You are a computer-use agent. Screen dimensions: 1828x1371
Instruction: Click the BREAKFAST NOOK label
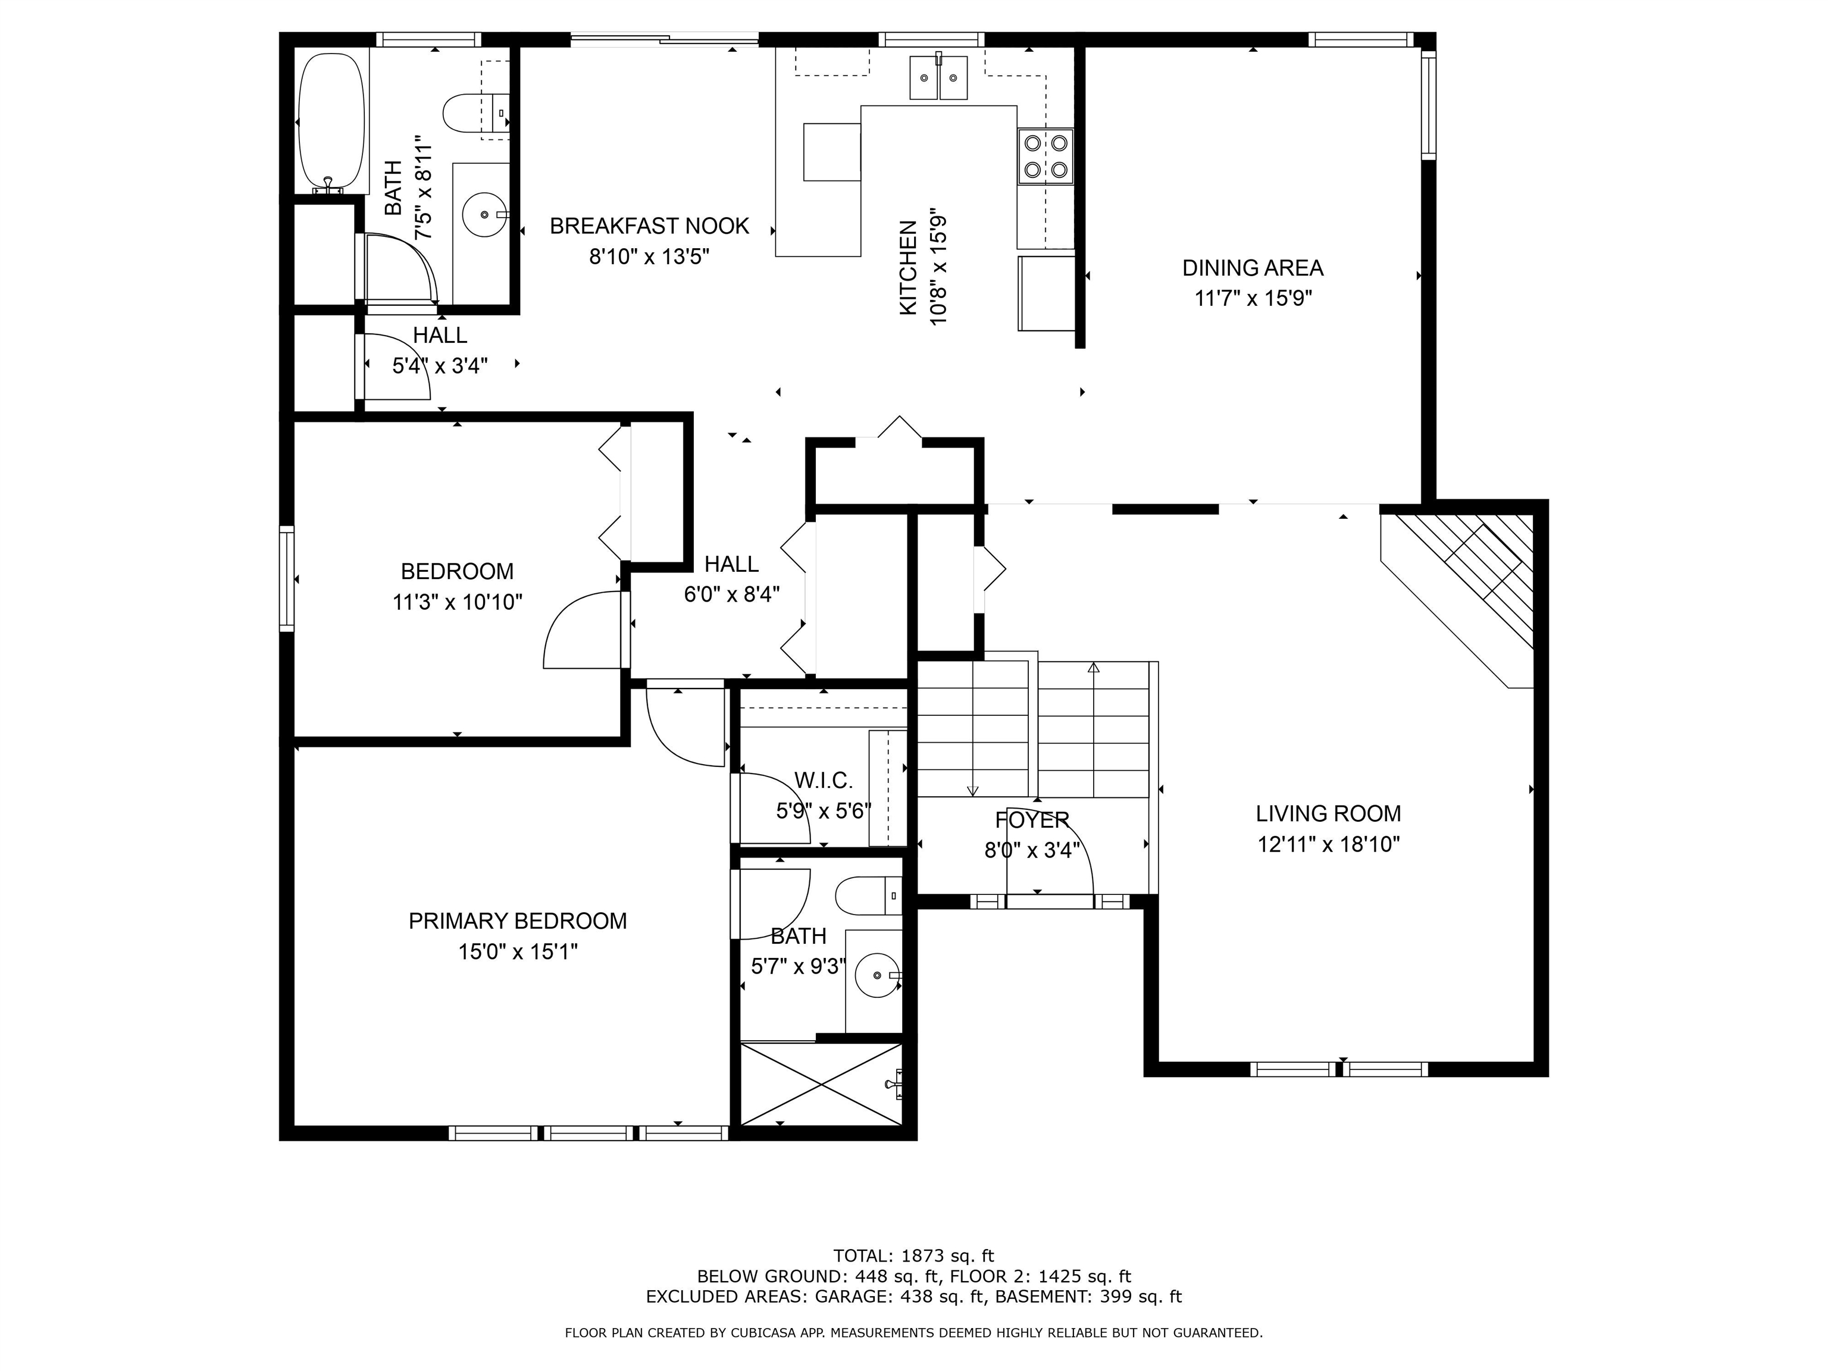tap(650, 226)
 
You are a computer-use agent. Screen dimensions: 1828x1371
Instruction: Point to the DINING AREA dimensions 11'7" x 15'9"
tap(1253, 298)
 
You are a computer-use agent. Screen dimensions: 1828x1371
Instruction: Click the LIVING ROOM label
tap(1328, 813)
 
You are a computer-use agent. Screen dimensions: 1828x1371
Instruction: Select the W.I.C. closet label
tap(823, 780)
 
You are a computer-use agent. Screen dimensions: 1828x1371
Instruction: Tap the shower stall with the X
tap(821, 1084)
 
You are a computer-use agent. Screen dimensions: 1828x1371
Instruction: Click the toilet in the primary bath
tap(868, 896)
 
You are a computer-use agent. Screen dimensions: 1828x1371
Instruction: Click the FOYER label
tap(1032, 820)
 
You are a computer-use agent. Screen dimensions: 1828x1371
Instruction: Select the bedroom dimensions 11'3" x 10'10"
tap(457, 602)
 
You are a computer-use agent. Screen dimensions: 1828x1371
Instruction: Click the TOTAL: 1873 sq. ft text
tap(913, 1256)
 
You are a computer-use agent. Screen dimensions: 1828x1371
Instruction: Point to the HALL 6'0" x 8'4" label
tap(731, 578)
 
